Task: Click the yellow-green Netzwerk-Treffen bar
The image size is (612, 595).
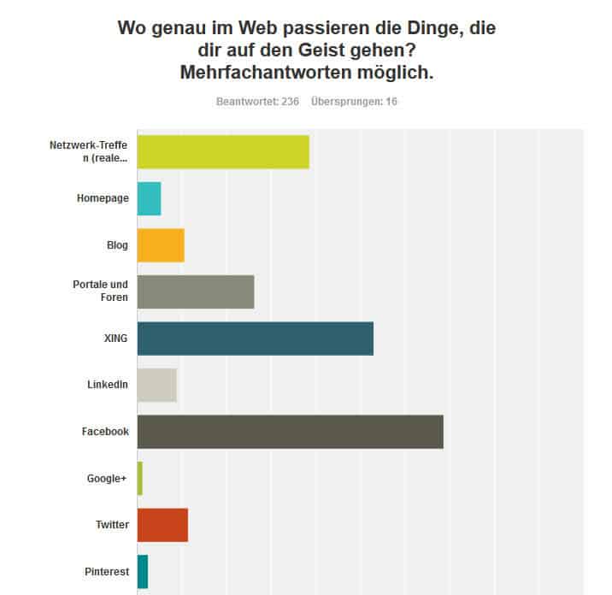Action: [x=223, y=151]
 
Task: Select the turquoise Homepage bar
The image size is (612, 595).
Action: [x=149, y=198]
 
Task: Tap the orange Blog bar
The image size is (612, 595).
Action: [x=161, y=245]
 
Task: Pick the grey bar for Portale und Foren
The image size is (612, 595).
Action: [x=196, y=292]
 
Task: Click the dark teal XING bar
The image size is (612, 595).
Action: [x=255, y=339]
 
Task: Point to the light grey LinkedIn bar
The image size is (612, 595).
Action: [x=156, y=385]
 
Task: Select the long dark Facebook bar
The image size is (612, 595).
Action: [x=290, y=432]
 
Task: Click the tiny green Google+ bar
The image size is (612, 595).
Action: [x=139, y=478]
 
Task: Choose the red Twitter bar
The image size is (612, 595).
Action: [x=162, y=525]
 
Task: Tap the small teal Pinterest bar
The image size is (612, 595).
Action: [x=142, y=571]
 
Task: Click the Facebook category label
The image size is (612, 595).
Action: [x=105, y=432]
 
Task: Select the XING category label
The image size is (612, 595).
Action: [x=115, y=339]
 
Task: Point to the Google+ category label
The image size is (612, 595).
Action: [x=108, y=479]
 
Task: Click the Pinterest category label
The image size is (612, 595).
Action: [x=107, y=572]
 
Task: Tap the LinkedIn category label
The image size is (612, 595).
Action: [x=108, y=385]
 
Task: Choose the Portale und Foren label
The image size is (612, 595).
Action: [x=101, y=292]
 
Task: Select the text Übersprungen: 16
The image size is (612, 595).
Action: [x=354, y=102]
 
